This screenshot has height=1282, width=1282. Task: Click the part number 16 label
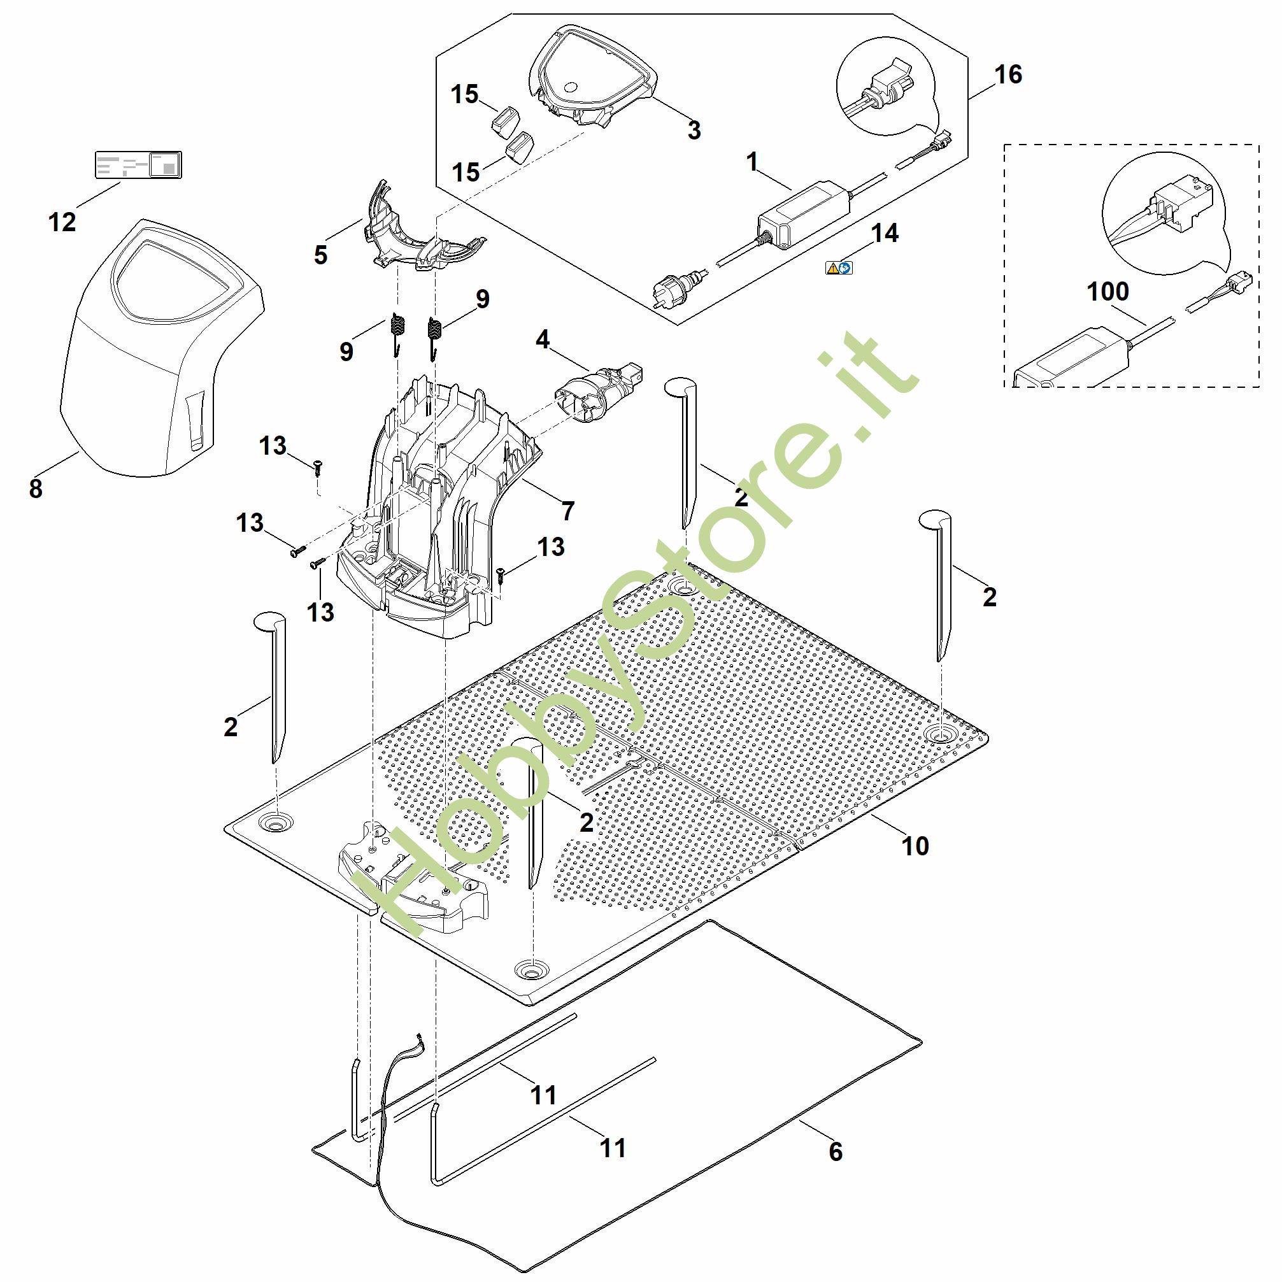1008,75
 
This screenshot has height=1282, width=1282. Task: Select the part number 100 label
1108,291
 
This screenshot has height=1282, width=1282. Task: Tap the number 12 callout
62,222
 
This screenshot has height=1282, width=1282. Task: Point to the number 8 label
36,488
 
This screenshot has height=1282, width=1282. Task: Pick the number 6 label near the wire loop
836,1151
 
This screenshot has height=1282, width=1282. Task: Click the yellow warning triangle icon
832,268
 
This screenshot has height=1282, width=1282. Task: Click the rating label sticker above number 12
138,164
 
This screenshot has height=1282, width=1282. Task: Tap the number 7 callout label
567,511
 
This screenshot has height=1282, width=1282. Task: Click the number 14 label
885,233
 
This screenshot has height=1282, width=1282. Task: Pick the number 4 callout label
542,339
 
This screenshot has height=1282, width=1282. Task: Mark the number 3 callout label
694,130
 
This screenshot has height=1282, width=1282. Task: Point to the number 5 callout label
320,255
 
